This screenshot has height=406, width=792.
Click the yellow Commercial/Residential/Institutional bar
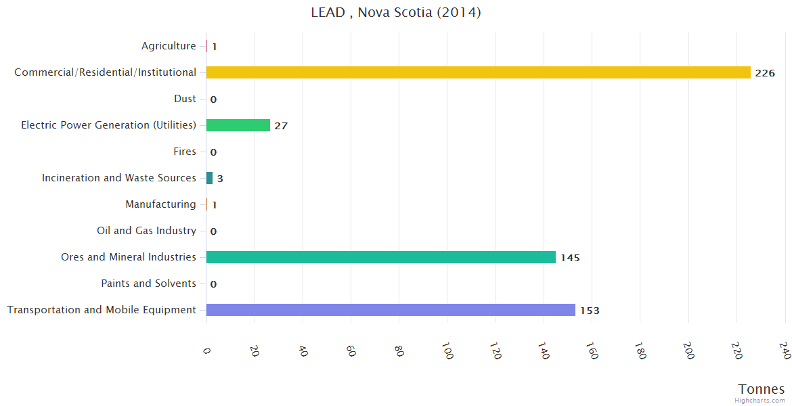pyautogui.click(x=478, y=72)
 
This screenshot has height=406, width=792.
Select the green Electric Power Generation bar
pyautogui.click(x=238, y=125)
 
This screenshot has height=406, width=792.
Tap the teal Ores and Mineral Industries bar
pyautogui.click(x=380, y=257)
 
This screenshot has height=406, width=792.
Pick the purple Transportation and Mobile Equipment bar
pyautogui.click(x=391, y=310)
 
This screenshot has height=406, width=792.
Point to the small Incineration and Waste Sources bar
pyautogui.click(x=209, y=178)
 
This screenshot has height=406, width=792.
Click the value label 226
pyautogui.click(x=764, y=73)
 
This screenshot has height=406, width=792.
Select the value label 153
pyautogui.click(x=589, y=311)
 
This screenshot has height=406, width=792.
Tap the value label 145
pyautogui.click(x=570, y=258)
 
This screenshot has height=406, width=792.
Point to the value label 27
pyautogui.click(x=281, y=126)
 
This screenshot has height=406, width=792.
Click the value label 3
pyautogui.click(x=220, y=179)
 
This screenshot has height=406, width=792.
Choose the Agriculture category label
pyautogui.click(x=169, y=46)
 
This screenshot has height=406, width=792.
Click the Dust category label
pyautogui.click(x=185, y=99)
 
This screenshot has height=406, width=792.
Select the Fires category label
pyautogui.click(x=184, y=152)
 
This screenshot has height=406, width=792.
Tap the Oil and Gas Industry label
pyautogui.click(x=146, y=231)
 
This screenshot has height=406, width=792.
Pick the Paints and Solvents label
pyautogui.click(x=148, y=284)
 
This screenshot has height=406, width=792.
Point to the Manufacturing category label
pyautogui.click(x=160, y=204)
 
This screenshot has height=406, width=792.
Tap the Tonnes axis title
pyautogui.click(x=761, y=389)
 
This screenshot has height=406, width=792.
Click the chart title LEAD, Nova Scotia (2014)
pyautogui.click(x=396, y=12)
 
